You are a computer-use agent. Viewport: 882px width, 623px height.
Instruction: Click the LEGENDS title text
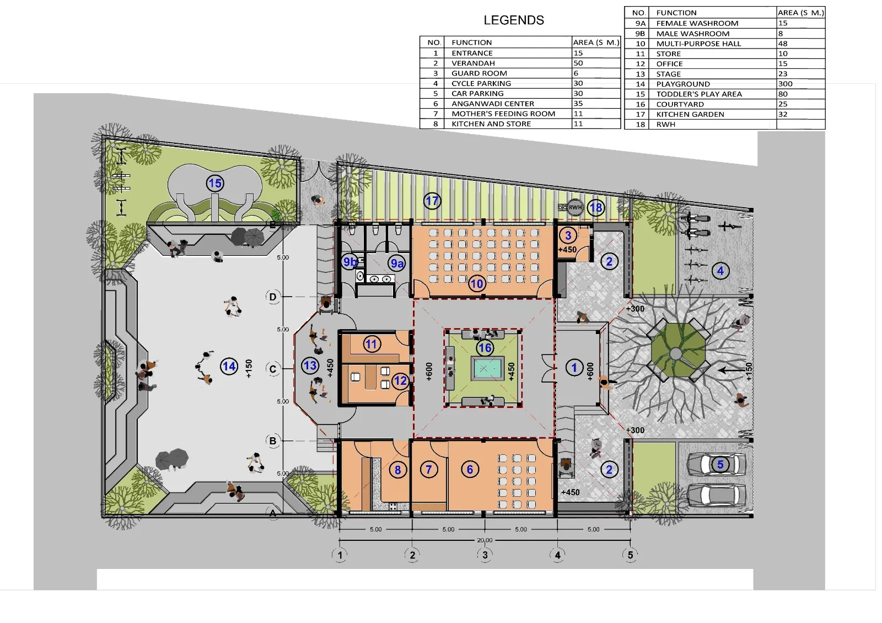pos(513,20)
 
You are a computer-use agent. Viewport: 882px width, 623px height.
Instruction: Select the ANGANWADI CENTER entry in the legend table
pos(493,104)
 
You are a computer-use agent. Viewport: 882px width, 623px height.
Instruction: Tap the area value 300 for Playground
pos(785,84)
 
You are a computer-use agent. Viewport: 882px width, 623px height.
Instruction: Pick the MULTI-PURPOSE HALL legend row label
pos(698,44)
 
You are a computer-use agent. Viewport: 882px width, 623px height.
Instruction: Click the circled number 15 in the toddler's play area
pos(215,183)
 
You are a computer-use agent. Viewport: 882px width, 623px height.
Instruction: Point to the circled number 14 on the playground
pos(229,366)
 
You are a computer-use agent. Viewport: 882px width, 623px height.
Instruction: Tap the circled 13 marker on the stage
pos(310,366)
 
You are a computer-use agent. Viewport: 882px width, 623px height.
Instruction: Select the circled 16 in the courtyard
pos(485,348)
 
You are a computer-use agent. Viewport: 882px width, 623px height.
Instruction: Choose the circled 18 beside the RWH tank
pos(596,207)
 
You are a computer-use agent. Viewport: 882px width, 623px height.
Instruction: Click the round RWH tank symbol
pos(575,207)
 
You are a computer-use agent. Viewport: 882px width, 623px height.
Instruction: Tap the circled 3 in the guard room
pos(568,235)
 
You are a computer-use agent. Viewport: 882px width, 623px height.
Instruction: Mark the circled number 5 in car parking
pos(720,464)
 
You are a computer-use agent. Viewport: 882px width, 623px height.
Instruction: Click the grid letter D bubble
pos(272,297)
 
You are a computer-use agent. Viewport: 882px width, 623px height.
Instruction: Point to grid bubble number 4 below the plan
pos(557,555)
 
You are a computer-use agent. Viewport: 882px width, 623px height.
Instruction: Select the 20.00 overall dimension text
pos(485,540)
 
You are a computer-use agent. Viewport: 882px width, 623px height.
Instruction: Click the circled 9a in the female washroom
pos(397,264)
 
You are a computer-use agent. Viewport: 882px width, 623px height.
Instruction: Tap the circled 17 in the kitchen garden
pos(432,201)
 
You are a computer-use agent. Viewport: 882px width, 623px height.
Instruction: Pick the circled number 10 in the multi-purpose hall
pos(477,283)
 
